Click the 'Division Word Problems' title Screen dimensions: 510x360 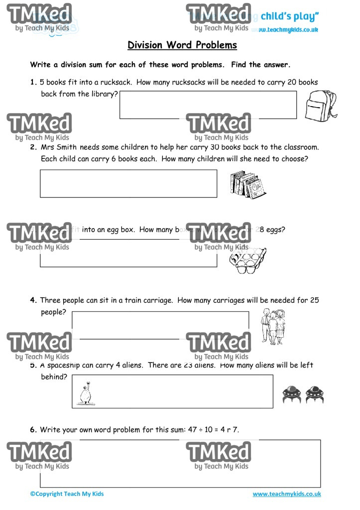click(182, 45)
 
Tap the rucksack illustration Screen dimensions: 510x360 click(321, 105)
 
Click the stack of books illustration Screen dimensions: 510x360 click(247, 184)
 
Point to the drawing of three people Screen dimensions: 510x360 click(273, 326)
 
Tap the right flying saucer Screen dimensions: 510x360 click(315, 394)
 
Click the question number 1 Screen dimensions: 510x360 click(33, 82)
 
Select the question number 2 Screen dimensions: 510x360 click(33, 147)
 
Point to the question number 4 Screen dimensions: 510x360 click(33, 300)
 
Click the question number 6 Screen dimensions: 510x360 click(33, 429)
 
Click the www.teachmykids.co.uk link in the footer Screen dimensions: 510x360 click(286, 494)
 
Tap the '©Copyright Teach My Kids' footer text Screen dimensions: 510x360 click(67, 494)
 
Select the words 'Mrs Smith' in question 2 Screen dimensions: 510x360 click(59, 147)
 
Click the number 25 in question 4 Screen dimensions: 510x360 click(314, 300)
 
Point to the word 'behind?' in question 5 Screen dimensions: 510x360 click(54, 377)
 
